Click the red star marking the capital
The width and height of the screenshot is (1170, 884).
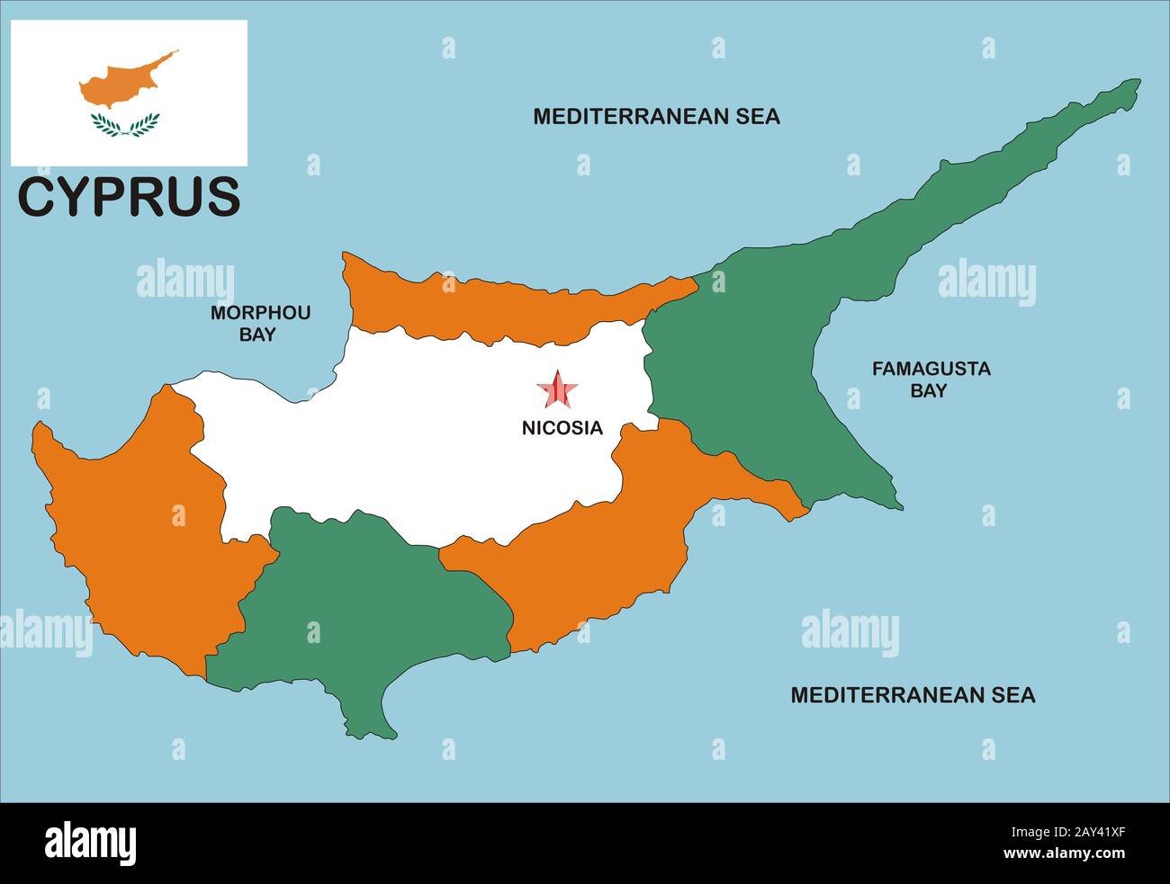558,390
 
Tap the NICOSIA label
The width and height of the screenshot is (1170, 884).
562,429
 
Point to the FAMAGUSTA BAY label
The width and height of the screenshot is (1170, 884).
930,379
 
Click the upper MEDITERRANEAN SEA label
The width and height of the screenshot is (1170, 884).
656,116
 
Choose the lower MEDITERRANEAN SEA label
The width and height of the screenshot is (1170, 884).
912,695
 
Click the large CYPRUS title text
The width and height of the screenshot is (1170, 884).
130,197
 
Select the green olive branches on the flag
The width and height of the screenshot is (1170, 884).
125,125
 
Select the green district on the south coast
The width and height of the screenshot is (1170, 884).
360,612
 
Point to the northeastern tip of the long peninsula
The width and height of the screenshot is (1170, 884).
1136,83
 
